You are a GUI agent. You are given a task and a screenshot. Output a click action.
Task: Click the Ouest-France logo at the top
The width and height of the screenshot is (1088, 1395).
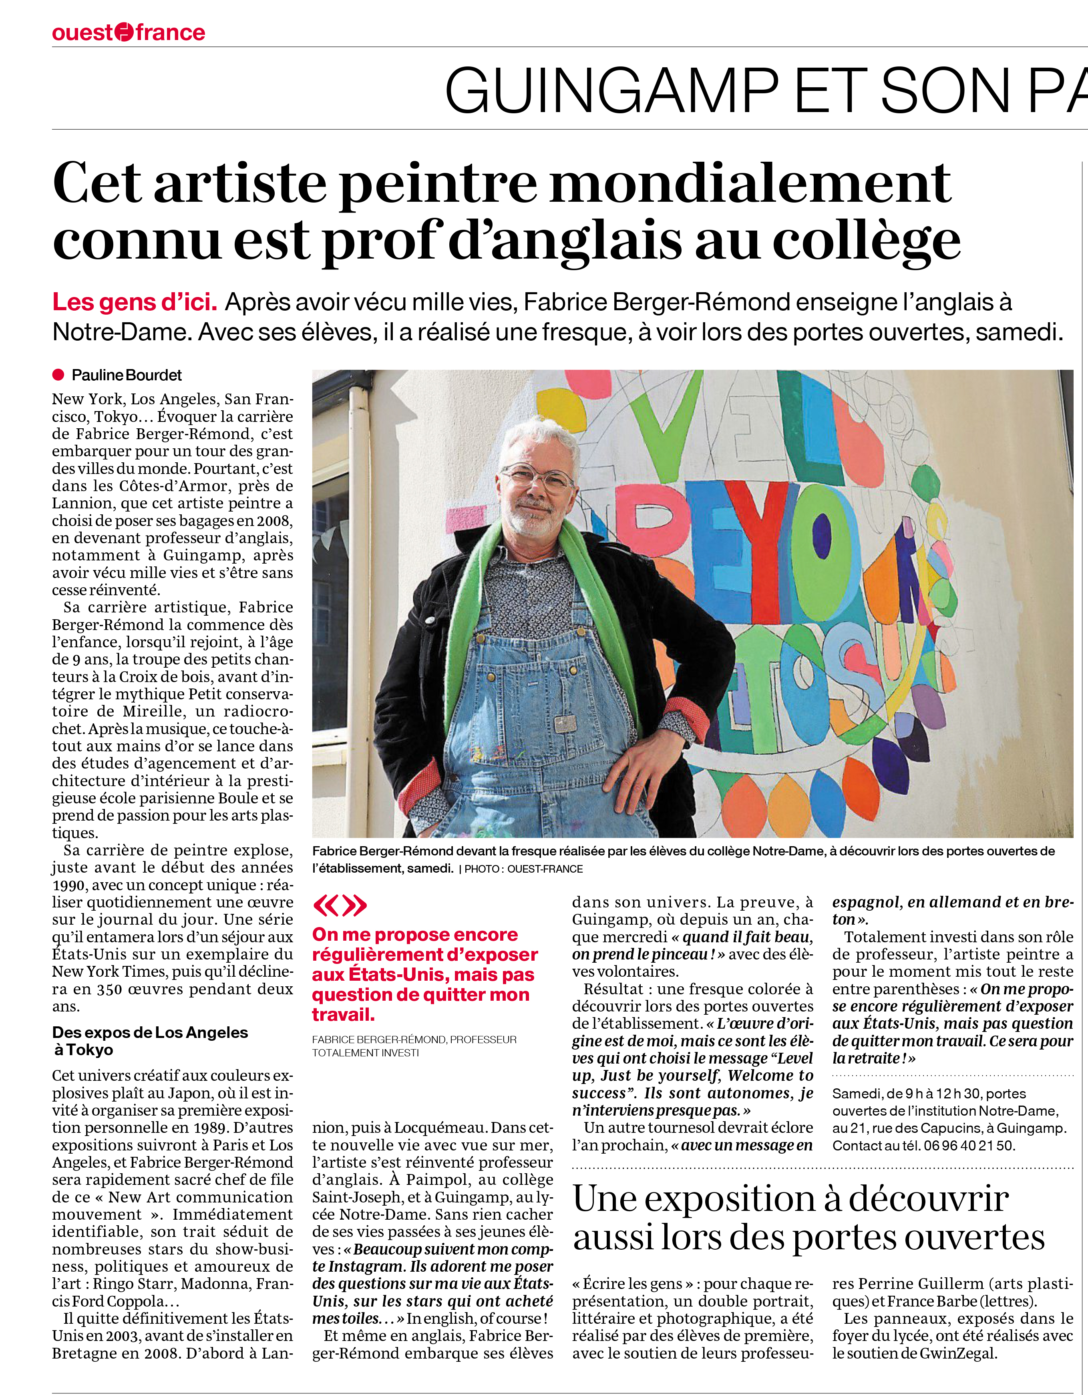tap(129, 32)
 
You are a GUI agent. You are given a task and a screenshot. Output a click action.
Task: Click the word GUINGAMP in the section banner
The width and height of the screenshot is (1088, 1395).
tap(611, 91)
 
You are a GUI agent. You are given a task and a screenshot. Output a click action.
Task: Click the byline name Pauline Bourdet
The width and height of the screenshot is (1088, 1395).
tap(127, 375)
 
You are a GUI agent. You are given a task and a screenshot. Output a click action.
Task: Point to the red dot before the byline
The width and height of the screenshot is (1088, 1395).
tap(58, 375)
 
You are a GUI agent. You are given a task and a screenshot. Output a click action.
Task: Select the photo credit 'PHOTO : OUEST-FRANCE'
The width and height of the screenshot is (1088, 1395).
tap(523, 869)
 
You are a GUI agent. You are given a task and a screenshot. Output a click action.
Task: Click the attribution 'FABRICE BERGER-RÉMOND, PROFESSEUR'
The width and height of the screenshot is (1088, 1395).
tap(414, 1039)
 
